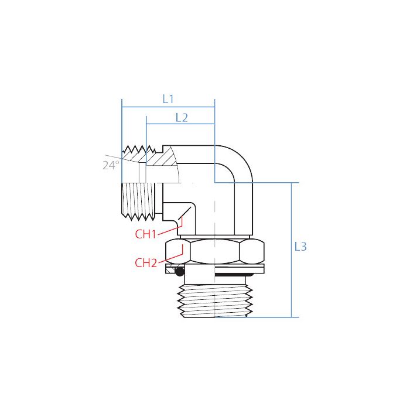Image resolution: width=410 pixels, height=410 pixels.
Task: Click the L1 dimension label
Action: coord(168,99)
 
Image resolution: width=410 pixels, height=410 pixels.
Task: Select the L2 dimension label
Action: coord(182,117)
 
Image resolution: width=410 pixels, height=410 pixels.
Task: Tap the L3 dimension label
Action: coord(300,247)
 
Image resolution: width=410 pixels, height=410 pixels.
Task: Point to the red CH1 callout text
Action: coord(146,234)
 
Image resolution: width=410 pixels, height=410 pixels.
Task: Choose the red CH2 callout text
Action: coord(146,262)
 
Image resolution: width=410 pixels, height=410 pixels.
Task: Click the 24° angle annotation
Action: coord(111,165)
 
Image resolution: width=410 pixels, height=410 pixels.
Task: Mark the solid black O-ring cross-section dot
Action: coord(180,271)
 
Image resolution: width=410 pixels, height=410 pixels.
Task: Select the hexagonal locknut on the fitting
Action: coord(215,251)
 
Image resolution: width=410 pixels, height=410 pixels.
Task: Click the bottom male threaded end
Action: coord(215,300)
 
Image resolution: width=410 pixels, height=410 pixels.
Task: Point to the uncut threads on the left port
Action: coord(139,200)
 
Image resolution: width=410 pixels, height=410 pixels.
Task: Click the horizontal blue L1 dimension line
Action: coord(168,108)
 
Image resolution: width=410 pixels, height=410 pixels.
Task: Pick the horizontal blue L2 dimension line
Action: coord(180,125)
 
